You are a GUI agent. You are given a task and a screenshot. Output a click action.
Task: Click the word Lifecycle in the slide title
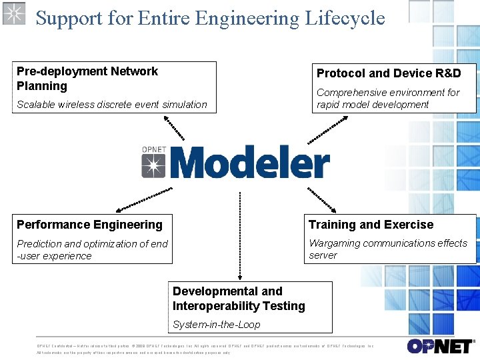point(345,18)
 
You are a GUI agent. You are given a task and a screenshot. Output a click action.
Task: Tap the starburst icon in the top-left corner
point(13,13)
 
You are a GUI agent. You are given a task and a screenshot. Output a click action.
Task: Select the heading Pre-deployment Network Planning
point(87,79)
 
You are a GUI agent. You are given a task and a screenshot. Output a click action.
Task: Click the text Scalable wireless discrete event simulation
point(112,105)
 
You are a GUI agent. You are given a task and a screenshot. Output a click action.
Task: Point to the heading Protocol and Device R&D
point(388,73)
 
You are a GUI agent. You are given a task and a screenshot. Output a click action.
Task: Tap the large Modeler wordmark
point(254,163)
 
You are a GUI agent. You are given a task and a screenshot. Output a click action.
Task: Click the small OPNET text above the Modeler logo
point(153,149)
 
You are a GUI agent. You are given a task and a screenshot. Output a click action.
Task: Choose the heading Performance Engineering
point(89,225)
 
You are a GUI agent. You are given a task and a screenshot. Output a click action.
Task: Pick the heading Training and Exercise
point(371,225)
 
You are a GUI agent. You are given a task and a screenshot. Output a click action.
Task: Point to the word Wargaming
point(334,243)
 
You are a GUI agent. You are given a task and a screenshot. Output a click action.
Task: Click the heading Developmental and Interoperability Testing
point(239,299)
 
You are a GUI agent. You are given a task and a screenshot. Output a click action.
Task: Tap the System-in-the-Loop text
point(216,325)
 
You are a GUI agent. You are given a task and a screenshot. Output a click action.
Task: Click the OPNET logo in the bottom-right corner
point(441,346)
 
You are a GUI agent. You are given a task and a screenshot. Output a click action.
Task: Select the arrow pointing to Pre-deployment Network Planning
point(174,127)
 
